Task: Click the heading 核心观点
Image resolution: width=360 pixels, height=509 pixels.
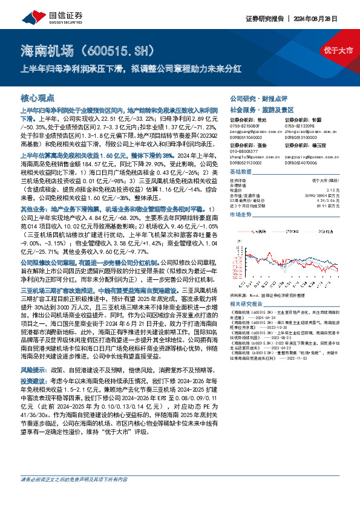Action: (38, 97)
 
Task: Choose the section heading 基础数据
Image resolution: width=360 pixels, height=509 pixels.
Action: (241, 172)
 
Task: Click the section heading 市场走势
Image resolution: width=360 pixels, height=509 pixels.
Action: (241, 215)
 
